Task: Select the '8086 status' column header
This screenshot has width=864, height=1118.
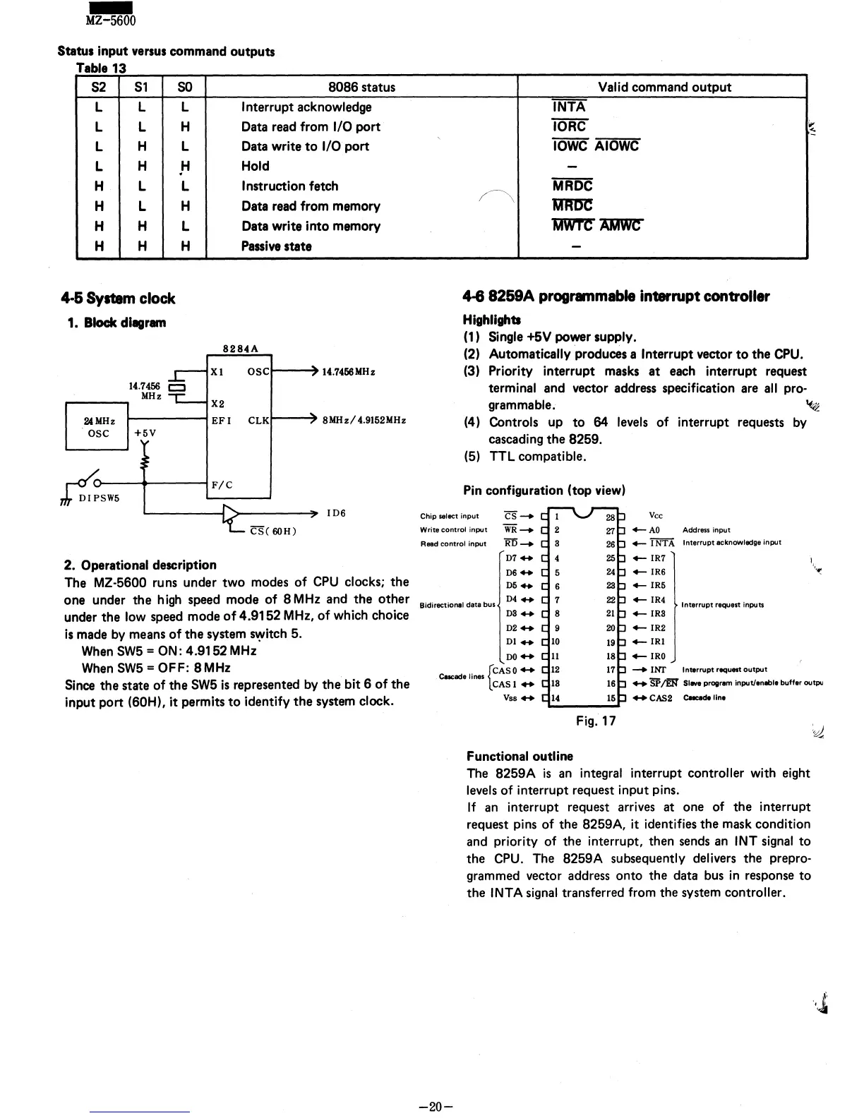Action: [361, 88]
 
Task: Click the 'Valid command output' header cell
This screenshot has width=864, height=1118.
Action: [664, 88]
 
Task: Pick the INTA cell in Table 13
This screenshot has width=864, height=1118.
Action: [569, 107]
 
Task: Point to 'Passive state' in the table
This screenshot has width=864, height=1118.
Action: [276, 246]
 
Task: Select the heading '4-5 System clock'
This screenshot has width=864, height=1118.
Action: [118, 299]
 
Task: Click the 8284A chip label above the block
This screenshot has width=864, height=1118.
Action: [240, 349]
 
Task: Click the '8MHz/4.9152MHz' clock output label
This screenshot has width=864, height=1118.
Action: [364, 421]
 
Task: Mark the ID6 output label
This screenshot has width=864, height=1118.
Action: [335, 513]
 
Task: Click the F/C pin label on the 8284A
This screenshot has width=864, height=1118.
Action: [222, 486]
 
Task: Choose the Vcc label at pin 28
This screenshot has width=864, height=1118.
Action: [656, 516]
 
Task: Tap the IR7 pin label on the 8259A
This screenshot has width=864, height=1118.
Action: [657, 558]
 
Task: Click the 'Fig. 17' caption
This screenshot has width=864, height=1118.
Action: [596, 721]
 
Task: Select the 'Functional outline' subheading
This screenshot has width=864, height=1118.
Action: [520, 756]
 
